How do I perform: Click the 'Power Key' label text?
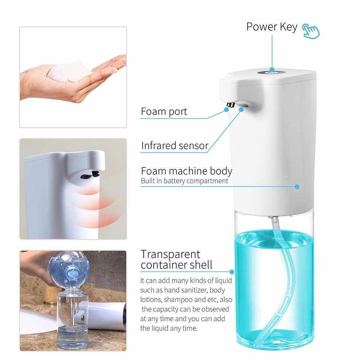(x=271, y=27)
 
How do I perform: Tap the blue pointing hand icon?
(x=311, y=31)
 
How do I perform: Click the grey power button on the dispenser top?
(x=271, y=73)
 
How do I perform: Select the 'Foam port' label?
(x=164, y=112)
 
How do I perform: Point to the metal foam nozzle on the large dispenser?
(x=231, y=105)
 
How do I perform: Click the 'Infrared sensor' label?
(x=175, y=145)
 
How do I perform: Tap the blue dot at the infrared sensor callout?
(x=241, y=110)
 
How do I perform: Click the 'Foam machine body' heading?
(x=186, y=171)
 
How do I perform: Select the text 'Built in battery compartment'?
(x=184, y=181)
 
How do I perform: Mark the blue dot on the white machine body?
(x=297, y=187)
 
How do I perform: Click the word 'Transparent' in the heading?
(x=170, y=254)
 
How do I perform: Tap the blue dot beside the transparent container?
(x=232, y=272)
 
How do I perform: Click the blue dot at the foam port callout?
(x=226, y=110)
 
